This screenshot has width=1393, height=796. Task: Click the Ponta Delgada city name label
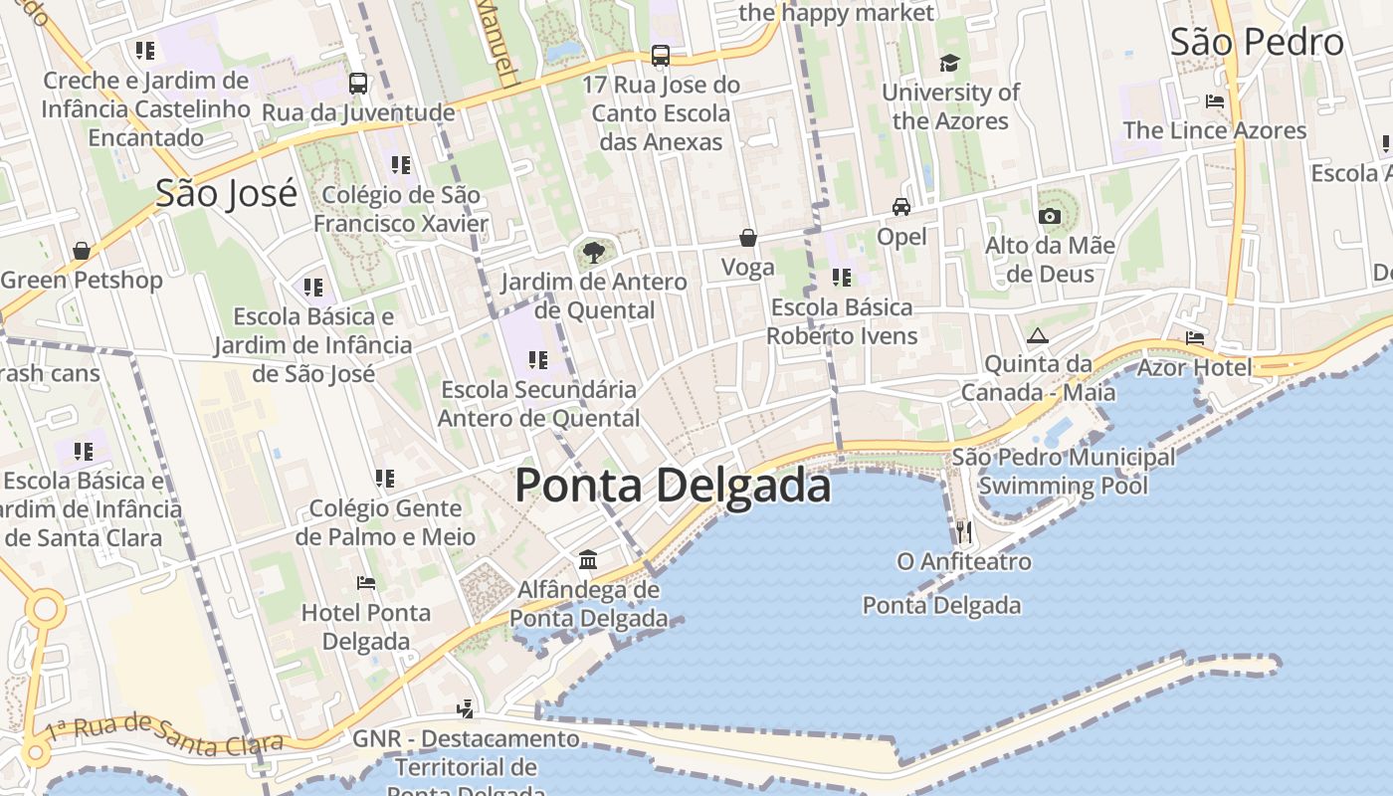(x=673, y=487)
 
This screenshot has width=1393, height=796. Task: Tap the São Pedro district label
(x=1256, y=43)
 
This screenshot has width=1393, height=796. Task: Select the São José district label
(x=226, y=193)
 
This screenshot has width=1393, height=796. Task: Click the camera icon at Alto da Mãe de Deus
(x=1049, y=216)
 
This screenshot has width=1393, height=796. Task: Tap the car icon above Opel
(x=901, y=207)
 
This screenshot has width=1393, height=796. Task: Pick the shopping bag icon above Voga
(x=747, y=238)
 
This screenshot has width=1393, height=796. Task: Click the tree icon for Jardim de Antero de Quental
(x=594, y=252)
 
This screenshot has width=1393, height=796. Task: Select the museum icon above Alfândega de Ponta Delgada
(x=588, y=560)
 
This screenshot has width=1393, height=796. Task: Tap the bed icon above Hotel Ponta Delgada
(x=366, y=583)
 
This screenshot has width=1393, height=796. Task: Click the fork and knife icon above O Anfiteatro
(x=963, y=531)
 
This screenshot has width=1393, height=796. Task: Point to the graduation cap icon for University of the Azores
(x=950, y=64)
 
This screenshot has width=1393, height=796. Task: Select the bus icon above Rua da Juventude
(x=358, y=84)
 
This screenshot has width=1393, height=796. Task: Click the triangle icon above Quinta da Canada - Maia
(x=1038, y=335)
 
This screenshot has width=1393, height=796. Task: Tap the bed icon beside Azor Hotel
(x=1195, y=338)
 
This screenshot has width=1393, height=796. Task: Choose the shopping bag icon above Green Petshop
(x=81, y=251)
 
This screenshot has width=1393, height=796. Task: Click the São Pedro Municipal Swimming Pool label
(x=1063, y=472)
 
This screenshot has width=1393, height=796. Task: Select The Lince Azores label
(x=1214, y=130)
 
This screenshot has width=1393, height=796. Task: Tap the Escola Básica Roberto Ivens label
(x=842, y=321)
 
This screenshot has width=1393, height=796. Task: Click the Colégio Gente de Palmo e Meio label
(x=385, y=522)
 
